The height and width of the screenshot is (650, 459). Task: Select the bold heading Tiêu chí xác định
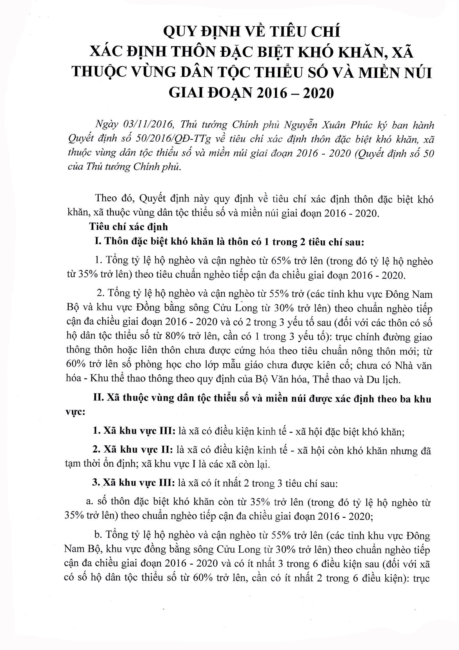128,227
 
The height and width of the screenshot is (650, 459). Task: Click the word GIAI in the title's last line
188,93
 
